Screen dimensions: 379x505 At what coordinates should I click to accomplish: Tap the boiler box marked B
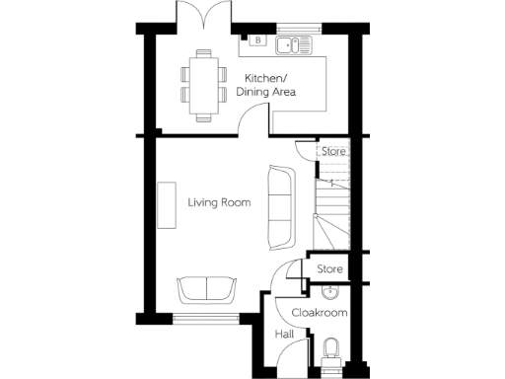pyautogui.click(x=257, y=40)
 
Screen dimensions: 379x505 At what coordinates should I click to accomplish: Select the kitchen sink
pyautogui.click(x=295, y=43)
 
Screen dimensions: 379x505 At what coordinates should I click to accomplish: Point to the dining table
pyautogui.click(x=202, y=85)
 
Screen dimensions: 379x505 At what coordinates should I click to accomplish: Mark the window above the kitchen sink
pyautogui.click(x=293, y=28)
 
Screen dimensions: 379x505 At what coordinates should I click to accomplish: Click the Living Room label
pyautogui.click(x=219, y=202)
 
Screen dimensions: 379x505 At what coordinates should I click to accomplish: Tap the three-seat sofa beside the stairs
pyautogui.click(x=280, y=206)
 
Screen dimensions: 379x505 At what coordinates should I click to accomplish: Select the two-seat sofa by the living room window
pyautogui.click(x=207, y=289)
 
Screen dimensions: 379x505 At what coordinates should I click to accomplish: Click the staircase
pyautogui.click(x=331, y=212)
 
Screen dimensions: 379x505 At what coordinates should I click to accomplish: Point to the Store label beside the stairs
pyautogui.click(x=334, y=152)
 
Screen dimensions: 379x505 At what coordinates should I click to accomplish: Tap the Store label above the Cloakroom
pyautogui.click(x=329, y=268)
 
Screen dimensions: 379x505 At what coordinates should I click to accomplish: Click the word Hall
pyautogui.click(x=284, y=335)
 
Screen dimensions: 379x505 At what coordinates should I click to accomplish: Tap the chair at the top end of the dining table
pyautogui.click(x=202, y=54)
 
